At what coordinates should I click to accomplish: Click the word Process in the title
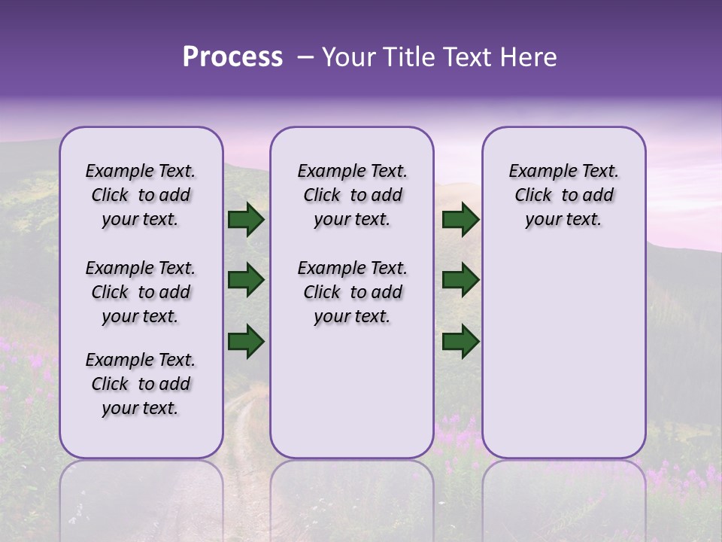(x=232, y=56)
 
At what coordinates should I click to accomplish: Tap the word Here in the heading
(x=526, y=57)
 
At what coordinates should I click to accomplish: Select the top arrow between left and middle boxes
(x=246, y=220)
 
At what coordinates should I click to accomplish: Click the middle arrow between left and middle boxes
(x=246, y=280)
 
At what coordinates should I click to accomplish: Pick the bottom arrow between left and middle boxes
(x=246, y=341)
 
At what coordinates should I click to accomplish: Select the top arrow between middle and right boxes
(x=460, y=220)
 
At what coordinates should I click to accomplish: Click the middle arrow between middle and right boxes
(x=460, y=280)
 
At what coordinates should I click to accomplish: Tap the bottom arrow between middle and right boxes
(x=460, y=341)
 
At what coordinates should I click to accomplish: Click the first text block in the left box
(x=141, y=195)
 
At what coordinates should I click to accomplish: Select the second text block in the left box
(x=141, y=292)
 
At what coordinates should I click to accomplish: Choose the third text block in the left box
(x=141, y=384)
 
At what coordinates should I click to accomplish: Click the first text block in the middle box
(x=352, y=195)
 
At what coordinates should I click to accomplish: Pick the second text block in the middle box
(x=352, y=292)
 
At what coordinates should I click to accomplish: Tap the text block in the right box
(x=563, y=195)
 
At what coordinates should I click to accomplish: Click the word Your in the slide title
(x=348, y=57)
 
